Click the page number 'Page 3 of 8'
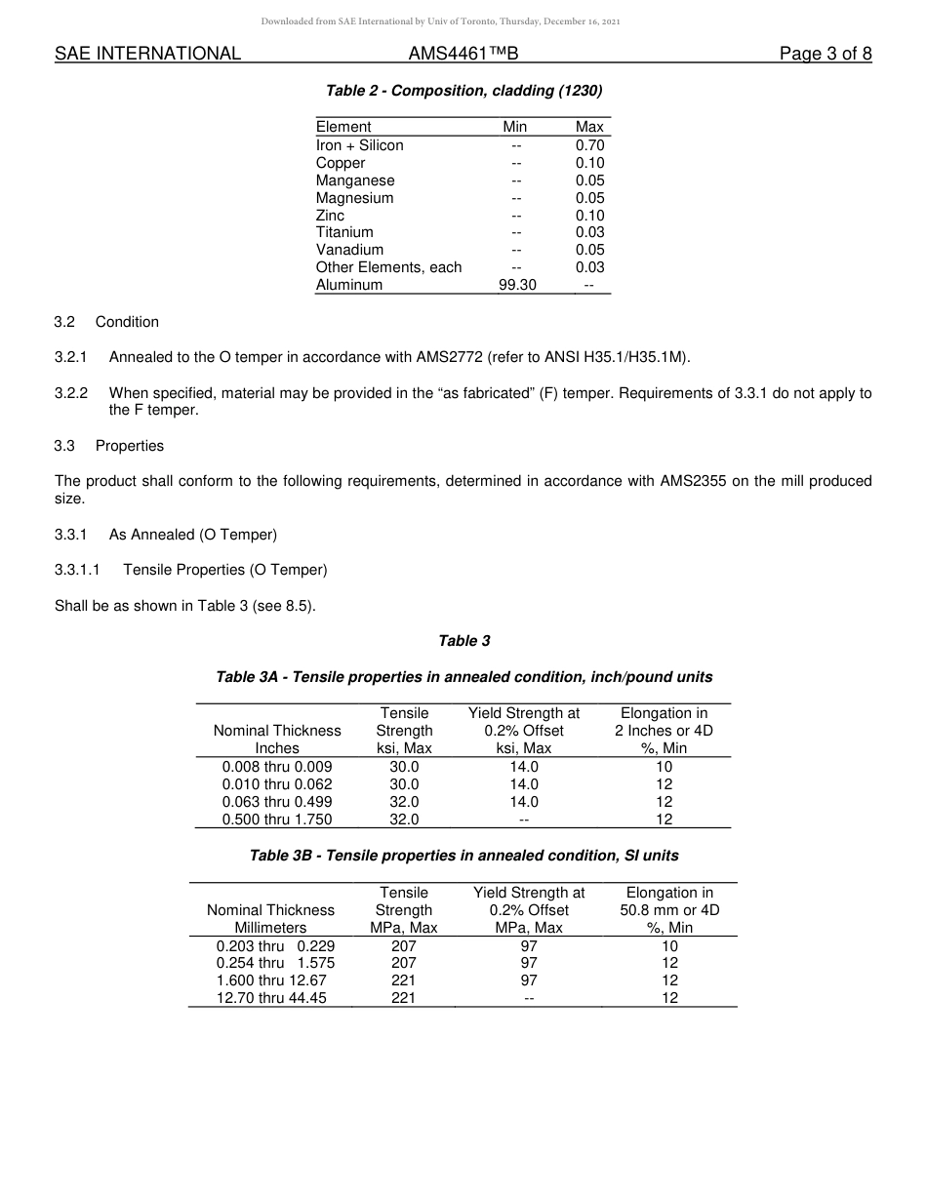tap(825, 54)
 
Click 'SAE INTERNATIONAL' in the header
tap(147, 54)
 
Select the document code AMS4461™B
tap(463, 54)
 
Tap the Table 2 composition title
tap(463, 91)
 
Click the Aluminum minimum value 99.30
tap(516, 285)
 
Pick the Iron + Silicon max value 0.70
tap(589, 145)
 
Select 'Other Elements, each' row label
tap(388, 267)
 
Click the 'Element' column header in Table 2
tap(343, 127)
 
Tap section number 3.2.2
tap(71, 393)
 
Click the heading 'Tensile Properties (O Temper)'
tap(224, 570)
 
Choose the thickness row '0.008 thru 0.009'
tap(277, 767)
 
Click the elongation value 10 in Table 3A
tap(664, 767)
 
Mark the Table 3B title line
tap(463, 856)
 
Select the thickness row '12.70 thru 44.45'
tap(271, 998)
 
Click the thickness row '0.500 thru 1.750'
tap(277, 820)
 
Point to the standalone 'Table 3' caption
tap(463, 641)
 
